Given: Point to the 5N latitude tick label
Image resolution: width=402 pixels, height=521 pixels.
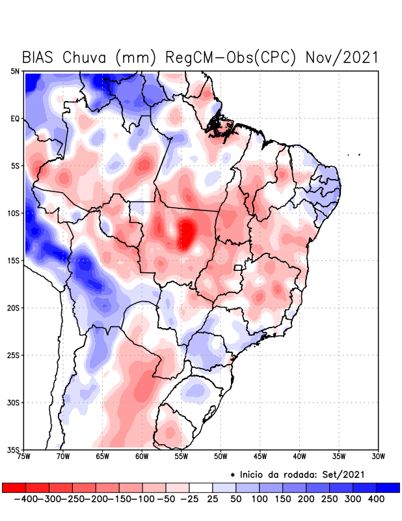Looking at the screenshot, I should tap(15, 71).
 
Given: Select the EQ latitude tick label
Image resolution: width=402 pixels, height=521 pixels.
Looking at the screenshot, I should tap(15, 119).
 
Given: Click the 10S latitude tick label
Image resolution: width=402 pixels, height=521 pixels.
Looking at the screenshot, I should tap(13, 213).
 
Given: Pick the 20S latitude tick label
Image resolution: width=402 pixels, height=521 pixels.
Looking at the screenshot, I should tap(13, 307).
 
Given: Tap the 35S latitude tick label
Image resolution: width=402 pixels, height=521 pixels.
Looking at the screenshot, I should tap(13, 449).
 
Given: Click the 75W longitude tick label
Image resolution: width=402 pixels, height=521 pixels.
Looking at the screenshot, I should tap(24, 456).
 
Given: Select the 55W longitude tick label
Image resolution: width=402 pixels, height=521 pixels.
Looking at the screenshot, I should tap(181, 456).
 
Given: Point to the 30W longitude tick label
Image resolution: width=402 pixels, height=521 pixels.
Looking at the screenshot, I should tap(378, 456).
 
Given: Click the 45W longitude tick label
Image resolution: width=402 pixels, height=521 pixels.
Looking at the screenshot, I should tap(260, 456).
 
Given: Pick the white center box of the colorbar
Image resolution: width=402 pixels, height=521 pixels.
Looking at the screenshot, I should tap(200, 487).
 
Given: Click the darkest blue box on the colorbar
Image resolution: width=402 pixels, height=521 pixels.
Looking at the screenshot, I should tap(388, 487).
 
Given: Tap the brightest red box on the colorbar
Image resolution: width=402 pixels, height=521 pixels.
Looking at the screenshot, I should tap(14, 487).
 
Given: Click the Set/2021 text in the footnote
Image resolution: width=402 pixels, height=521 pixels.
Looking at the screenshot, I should tap(342, 473).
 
